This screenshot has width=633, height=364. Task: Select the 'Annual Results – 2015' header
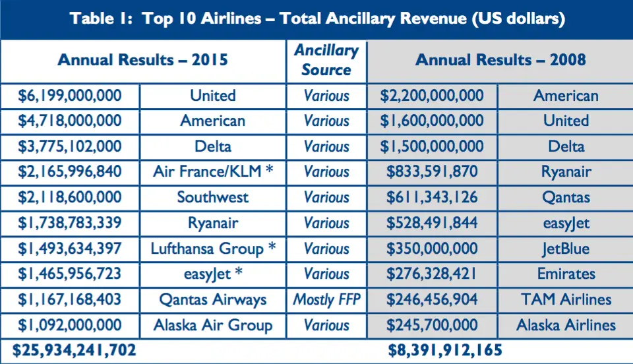(x=143, y=60)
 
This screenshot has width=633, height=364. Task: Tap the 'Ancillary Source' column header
(x=326, y=60)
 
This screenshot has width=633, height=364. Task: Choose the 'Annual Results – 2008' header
(x=500, y=60)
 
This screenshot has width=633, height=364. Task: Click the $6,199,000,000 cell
(x=70, y=96)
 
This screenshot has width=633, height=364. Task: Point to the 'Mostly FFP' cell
(x=326, y=300)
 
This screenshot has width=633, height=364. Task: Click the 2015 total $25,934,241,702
(x=75, y=350)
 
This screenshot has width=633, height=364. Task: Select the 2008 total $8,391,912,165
(x=445, y=350)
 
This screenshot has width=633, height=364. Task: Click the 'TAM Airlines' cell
(x=566, y=300)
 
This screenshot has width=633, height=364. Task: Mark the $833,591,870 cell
(x=432, y=172)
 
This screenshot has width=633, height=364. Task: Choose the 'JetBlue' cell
(x=566, y=249)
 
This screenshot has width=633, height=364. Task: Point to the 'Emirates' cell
(x=566, y=274)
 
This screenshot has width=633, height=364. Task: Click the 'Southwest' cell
(x=213, y=197)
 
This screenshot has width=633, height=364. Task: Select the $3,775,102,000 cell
(x=70, y=146)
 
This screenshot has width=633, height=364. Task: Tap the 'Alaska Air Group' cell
(x=213, y=325)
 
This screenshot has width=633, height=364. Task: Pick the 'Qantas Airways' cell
(x=213, y=300)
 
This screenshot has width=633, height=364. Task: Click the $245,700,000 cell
(x=432, y=325)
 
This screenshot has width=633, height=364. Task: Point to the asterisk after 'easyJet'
(x=239, y=272)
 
